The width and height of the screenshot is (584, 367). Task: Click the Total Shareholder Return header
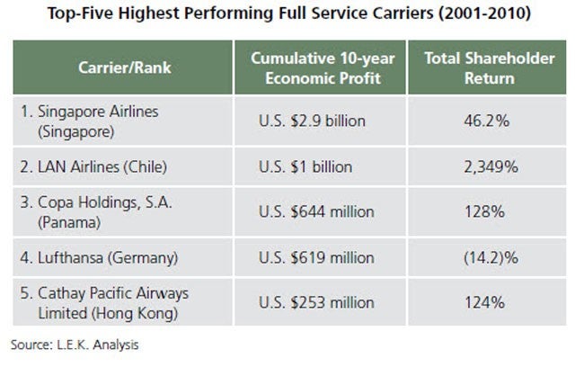[x=490, y=70]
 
